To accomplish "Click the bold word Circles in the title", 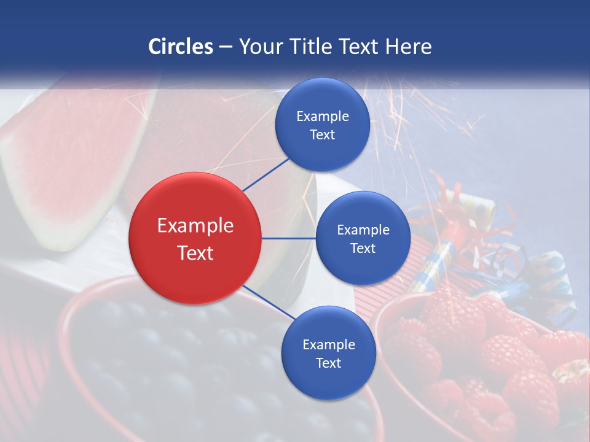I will click(181, 47).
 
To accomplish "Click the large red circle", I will click(195, 238).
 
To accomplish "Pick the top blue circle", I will click(322, 125).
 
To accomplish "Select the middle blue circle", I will click(363, 238).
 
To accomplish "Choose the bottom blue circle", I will click(328, 354).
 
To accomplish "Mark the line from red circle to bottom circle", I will click(269, 303).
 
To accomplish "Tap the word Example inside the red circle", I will click(195, 225).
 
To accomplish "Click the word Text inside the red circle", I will click(195, 252).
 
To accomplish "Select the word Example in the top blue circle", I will click(322, 116).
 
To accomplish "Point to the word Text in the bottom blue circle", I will click(328, 363).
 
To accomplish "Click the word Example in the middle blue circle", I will click(363, 230).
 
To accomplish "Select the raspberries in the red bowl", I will click(492, 368).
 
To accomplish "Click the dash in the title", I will click(226, 47).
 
